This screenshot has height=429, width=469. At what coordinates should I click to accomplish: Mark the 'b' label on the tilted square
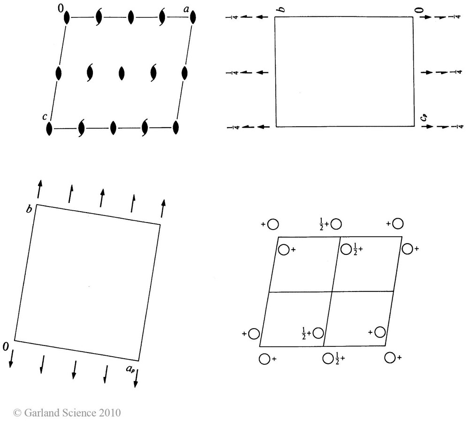coord(29,208)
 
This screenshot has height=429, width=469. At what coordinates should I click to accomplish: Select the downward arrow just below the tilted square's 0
coord(10,360)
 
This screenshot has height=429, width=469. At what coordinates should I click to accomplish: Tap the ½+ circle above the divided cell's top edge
coord(336,224)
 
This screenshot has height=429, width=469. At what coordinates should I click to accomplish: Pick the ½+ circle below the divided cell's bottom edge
coord(328,359)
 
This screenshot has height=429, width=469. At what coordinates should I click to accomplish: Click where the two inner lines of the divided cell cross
coord(332,291)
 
